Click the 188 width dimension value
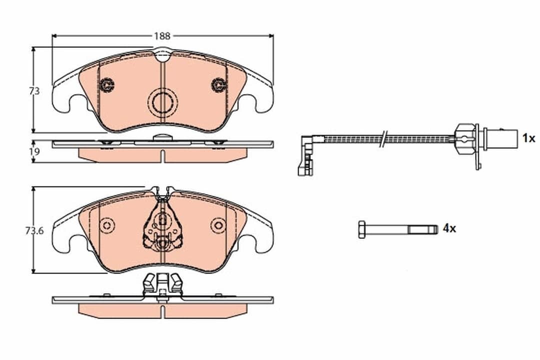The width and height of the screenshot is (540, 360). (162, 36)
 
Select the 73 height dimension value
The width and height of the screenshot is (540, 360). (34, 91)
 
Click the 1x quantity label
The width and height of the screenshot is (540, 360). (528, 138)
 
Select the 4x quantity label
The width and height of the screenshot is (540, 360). (448, 228)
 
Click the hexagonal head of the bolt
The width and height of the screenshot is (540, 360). (361, 229)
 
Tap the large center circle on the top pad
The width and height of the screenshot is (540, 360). (163, 102)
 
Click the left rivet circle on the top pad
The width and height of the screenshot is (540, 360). (106, 85)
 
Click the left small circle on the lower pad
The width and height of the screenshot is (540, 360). (106, 225)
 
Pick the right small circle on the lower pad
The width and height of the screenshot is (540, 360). (218, 225)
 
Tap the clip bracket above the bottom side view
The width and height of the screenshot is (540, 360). (162, 285)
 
